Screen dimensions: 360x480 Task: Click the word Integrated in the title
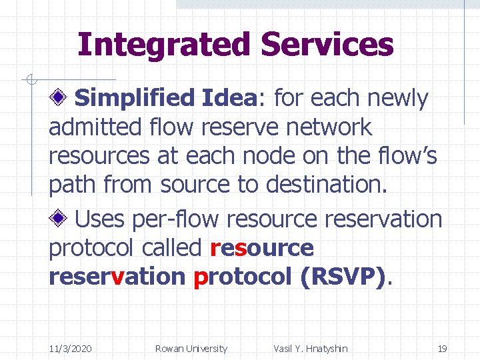[x=164, y=45]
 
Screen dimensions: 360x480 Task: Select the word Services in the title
[x=327, y=45]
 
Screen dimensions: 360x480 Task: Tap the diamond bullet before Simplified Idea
[x=59, y=99]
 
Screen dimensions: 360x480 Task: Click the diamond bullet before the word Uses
[x=59, y=218]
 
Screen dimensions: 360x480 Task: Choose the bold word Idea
[x=228, y=99]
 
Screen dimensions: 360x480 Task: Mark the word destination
[x=326, y=185]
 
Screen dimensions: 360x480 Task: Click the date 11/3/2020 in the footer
[x=71, y=348]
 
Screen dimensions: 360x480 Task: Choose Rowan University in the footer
[x=191, y=348]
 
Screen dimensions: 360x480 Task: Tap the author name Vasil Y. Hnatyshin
[x=310, y=348]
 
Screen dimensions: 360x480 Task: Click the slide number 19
[x=441, y=348]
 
